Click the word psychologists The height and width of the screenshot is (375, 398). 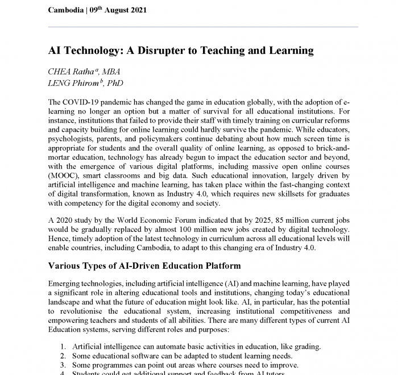pos(74,140)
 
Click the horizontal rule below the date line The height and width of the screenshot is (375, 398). pos(203,27)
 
